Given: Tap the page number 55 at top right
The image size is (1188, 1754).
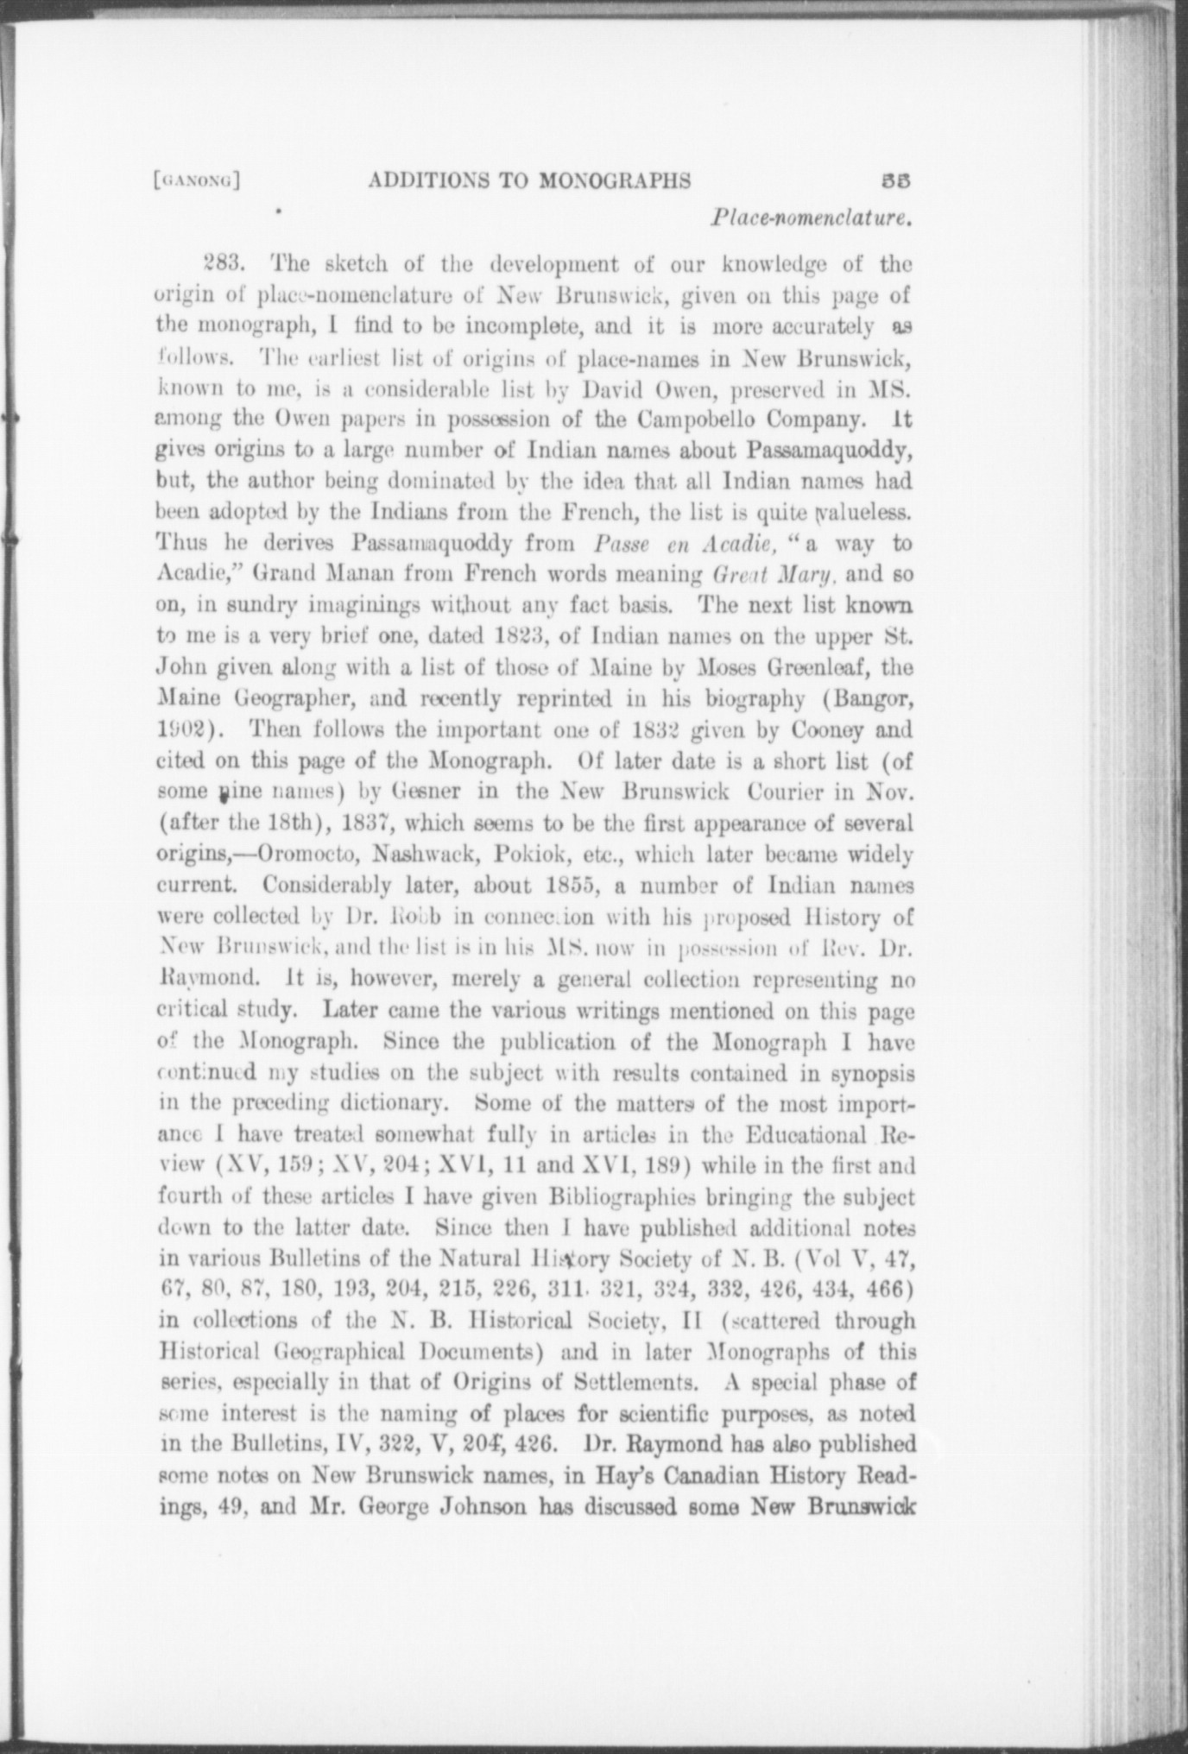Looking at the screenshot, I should click(x=897, y=180).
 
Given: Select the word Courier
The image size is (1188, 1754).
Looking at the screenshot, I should click(x=793, y=792).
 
